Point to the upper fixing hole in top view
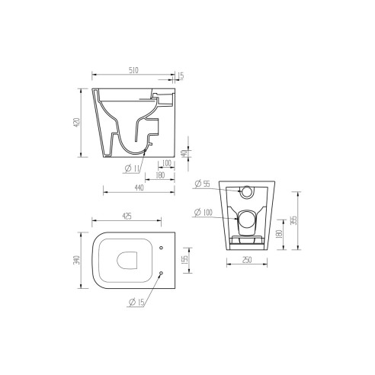[164, 248]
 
